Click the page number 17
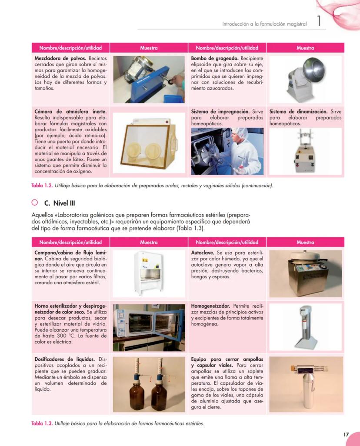346,434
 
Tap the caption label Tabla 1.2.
42,186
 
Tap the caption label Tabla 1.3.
42,423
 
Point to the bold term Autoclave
202,253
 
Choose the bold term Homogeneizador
210,306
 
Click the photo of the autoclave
305,273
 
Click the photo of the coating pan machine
305,79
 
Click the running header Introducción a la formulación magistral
264,24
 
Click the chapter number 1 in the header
319,22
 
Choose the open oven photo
149,327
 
